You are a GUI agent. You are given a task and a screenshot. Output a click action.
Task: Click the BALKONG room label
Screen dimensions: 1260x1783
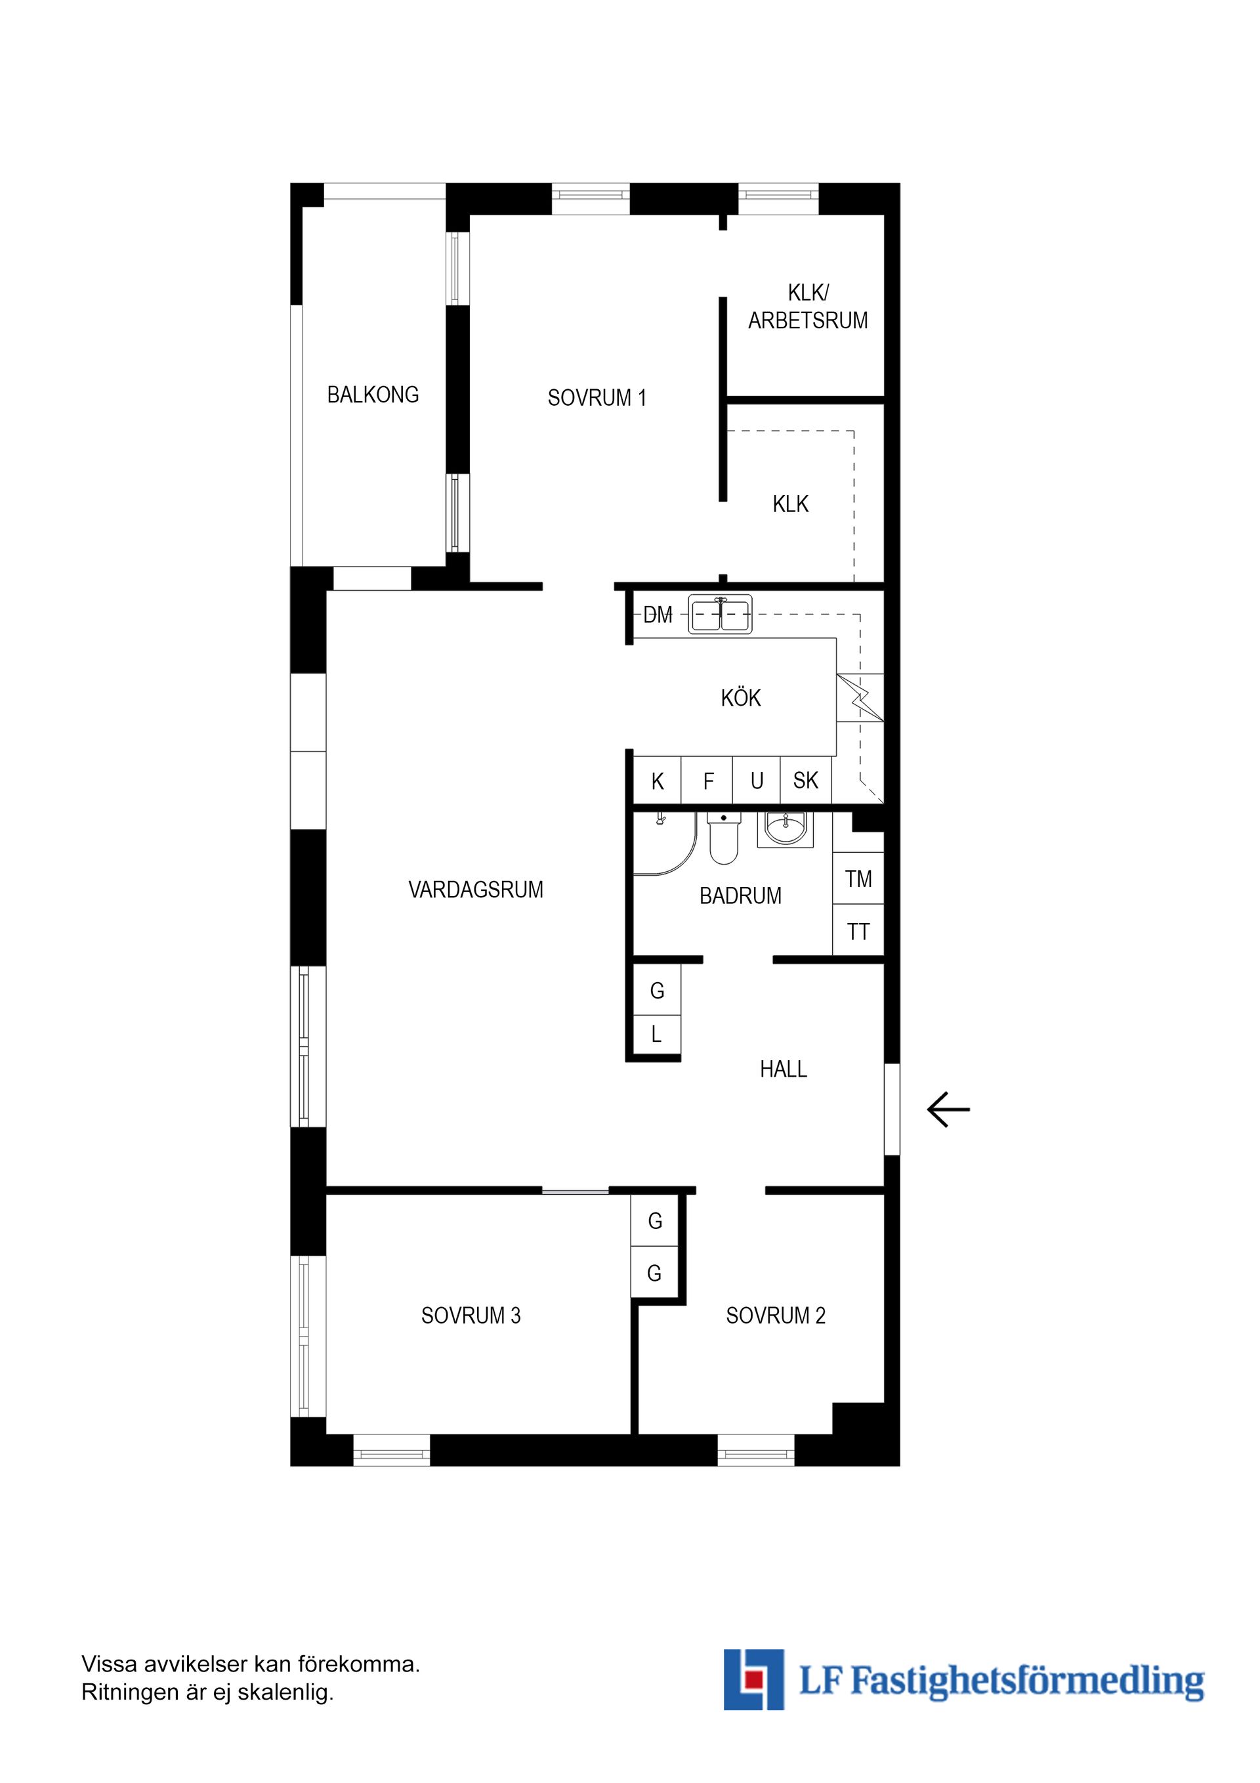coord(373,395)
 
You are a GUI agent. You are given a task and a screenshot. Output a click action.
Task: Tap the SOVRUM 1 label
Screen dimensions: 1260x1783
coord(597,398)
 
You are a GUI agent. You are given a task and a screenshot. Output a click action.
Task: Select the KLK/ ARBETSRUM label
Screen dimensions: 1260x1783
coord(807,306)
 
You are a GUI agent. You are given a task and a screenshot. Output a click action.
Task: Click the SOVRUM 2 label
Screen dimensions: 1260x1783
coord(775,1316)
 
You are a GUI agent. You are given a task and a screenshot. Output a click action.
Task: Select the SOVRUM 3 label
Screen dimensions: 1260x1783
coord(471,1316)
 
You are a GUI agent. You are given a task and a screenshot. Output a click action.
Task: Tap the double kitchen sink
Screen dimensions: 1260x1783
coord(721,614)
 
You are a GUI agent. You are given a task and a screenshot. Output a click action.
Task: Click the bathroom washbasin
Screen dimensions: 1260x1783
coord(786,828)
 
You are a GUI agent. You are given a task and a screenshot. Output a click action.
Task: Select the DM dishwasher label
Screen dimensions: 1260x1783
coord(658,615)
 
